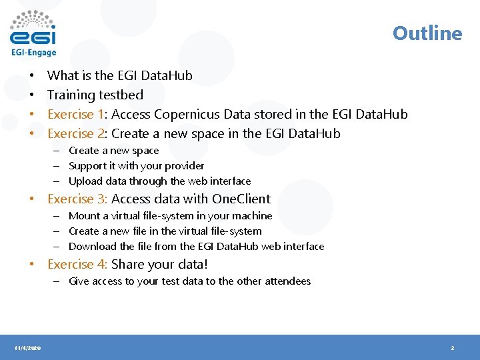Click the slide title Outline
(427, 33)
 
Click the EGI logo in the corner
(33, 33)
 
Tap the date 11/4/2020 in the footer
(27, 348)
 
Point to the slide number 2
(453, 348)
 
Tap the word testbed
(121, 95)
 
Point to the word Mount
(84, 216)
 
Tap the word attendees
(288, 281)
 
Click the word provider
(184, 165)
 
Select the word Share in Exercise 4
(127, 264)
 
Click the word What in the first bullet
(63, 75)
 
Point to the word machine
(252, 216)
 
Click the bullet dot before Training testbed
(31, 95)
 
